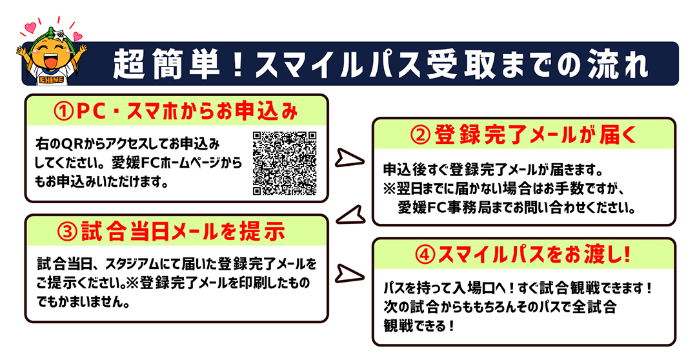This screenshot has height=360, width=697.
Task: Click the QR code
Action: (x=285, y=163)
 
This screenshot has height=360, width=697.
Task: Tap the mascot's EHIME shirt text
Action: (x=51, y=79)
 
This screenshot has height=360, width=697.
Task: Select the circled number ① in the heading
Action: (x=64, y=111)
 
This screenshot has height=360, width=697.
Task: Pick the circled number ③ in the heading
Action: (x=68, y=232)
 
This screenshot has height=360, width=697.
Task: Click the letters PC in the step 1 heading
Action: (x=92, y=111)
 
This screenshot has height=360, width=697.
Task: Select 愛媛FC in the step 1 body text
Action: (x=125, y=163)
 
